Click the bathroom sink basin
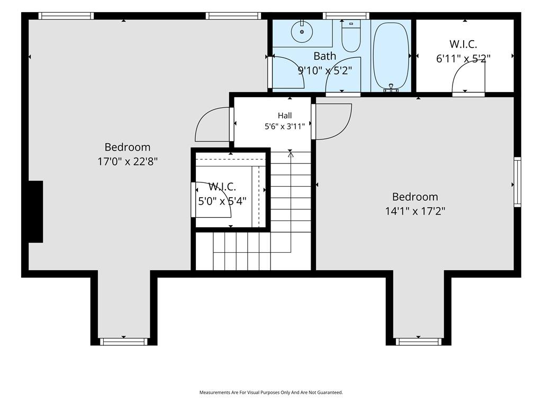[302, 31]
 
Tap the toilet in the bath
[351, 36]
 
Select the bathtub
[391, 56]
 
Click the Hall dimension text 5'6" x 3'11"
[285, 126]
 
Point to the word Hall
[285, 115]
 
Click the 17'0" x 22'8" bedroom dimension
[128, 161]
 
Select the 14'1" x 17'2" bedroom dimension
[415, 211]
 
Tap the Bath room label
[324, 56]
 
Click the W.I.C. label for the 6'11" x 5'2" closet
[463, 44]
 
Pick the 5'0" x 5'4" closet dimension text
[222, 201]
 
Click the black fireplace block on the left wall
[35, 211]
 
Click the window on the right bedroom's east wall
[517, 182]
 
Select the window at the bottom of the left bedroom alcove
[124, 342]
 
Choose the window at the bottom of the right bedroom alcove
[419, 342]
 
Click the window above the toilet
[346, 16]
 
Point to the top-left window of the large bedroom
[66, 16]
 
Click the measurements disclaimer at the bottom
[271, 393]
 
